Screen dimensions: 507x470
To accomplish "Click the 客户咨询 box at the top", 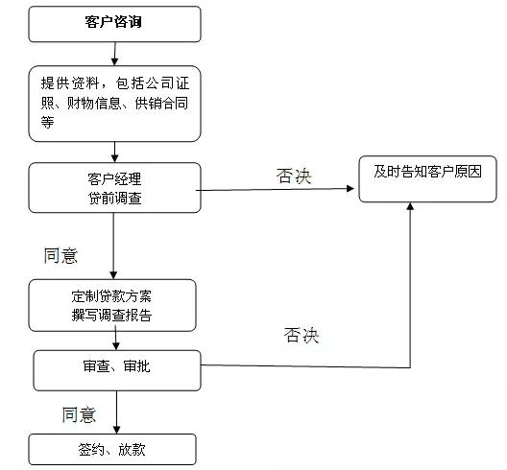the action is [x=115, y=24].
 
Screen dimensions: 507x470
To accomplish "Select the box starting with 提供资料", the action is [x=115, y=104].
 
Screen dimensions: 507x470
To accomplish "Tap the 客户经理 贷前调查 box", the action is [x=115, y=188].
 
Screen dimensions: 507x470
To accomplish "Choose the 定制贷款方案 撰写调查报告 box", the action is [x=112, y=305].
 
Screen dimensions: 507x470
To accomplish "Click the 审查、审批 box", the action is [x=117, y=370].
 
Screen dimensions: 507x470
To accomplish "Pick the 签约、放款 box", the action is [x=112, y=449].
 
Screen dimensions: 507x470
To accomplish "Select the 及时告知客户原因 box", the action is [x=428, y=179].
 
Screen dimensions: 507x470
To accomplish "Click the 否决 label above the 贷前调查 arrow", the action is [x=294, y=176].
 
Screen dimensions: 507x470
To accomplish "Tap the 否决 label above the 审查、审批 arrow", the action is [x=302, y=335].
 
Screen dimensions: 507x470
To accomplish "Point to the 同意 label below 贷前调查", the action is [x=60, y=256].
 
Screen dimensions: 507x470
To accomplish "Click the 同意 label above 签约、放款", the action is [x=79, y=414].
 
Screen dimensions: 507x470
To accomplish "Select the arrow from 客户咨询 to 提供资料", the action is [x=115, y=54].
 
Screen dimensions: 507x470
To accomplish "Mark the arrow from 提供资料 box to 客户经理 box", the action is [x=114, y=152].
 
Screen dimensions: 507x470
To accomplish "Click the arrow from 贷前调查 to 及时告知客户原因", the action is [x=276, y=189].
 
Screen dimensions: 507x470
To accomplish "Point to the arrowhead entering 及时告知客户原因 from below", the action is [x=410, y=206].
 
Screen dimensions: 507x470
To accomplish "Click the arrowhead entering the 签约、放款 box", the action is [x=117, y=430].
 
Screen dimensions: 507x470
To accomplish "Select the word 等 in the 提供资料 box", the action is [x=48, y=122].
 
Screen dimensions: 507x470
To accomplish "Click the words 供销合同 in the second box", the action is [x=161, y=104].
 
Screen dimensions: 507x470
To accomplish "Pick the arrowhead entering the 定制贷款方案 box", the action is [x=113, y=275].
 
